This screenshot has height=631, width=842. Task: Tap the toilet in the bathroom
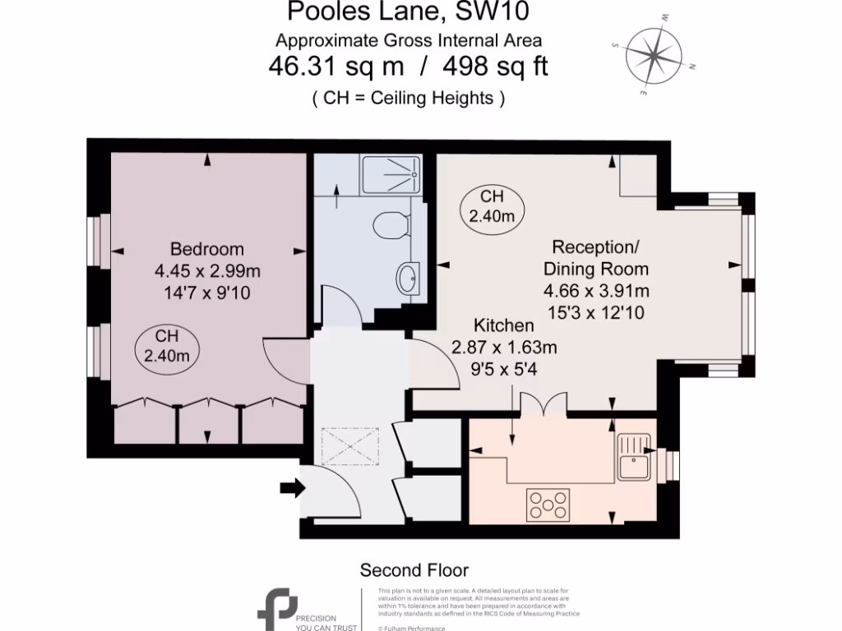391,223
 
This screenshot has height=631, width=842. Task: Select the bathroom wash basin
408,279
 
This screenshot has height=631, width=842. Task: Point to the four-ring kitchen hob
548,504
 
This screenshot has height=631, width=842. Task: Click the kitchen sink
634,458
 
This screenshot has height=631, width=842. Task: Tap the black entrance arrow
291,489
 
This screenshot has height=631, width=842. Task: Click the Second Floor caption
414,569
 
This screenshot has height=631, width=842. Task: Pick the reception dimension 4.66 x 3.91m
596,291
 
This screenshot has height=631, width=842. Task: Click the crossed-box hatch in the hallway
354,446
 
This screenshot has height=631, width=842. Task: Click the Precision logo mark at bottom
274,609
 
